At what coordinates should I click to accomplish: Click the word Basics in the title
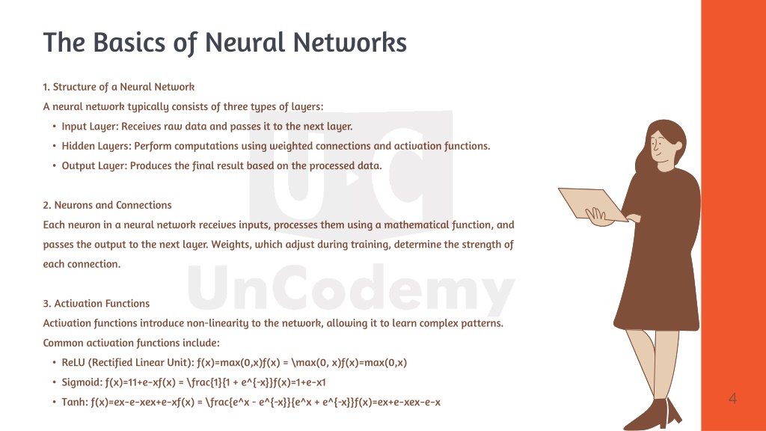click(129, 42)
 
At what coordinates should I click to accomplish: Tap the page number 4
click(732, 399)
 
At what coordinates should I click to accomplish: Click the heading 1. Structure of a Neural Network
click(119, 87)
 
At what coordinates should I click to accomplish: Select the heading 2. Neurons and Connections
click(108, 205)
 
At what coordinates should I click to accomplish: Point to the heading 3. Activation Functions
click(96, 304)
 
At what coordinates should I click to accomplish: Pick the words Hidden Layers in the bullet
click(96, 146)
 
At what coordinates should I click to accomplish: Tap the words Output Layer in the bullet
click(94, 165)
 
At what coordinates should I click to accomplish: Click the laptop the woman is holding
click(592, 205)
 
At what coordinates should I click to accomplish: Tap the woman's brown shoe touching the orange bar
click(674, 411)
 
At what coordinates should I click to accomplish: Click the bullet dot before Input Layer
click(54, 126)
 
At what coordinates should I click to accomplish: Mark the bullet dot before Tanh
click(54, 402)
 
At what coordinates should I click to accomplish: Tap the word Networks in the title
click(350, 42)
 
